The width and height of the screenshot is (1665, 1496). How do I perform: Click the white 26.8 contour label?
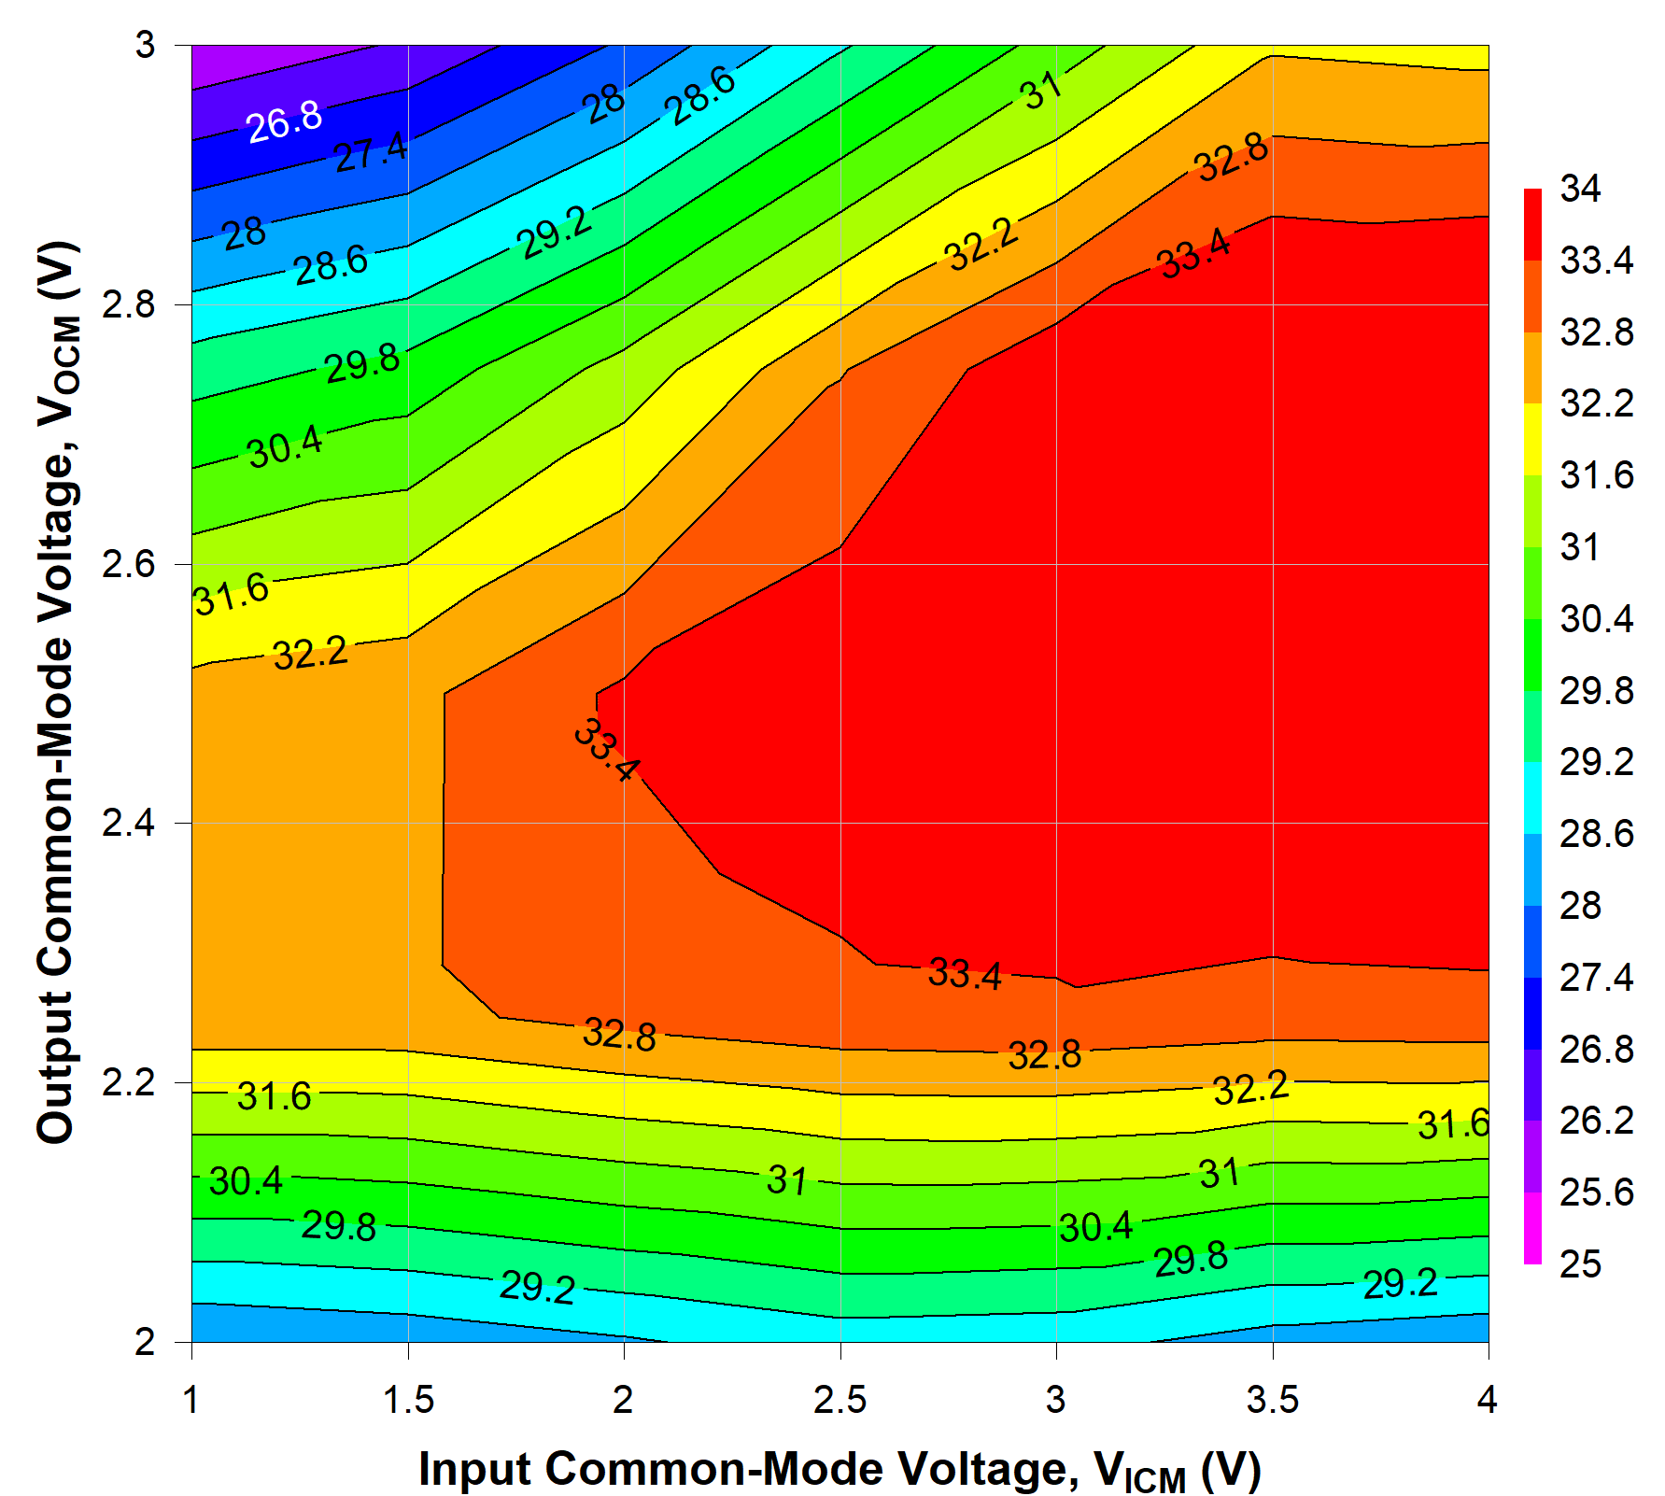coord(285,121)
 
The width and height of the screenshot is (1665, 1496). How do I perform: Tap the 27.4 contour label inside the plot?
coord(371,152)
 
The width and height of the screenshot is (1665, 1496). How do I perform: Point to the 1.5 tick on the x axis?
coord(408,1400)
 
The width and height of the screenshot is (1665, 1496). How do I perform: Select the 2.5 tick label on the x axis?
coord(840,1400)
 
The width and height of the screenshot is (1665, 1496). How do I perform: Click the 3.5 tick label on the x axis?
coord(1273,1400)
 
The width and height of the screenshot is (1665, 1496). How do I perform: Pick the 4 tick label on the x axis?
coord(1487,1400)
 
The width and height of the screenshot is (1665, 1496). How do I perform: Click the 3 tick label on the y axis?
coord(145,45)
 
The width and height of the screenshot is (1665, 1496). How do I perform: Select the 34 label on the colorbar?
coord(1580,190)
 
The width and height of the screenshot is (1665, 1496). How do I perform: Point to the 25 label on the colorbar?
coord(1580,1264)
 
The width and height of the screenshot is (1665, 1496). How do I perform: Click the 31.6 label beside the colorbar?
coord(1596,475)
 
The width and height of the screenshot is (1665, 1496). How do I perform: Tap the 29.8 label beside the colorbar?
coord(1596,691)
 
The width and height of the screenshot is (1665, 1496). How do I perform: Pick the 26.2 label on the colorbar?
coord(1596,1121)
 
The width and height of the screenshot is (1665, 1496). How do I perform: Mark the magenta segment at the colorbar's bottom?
coord(1532,1229)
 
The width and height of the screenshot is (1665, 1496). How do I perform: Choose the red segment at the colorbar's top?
coord(1532,224)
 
